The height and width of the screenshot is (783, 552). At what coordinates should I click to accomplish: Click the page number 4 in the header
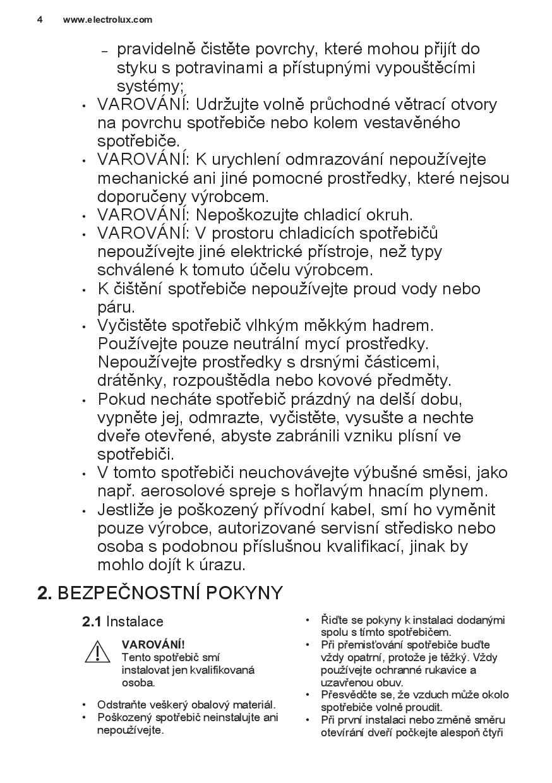[40, 20]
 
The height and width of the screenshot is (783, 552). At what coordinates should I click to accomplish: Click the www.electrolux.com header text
[107, 20]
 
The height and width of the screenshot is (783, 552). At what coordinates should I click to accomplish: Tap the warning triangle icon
[98, 652]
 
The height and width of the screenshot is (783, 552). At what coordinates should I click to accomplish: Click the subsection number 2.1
[92, 622]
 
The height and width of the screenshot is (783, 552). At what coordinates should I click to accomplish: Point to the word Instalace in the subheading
[135, 622]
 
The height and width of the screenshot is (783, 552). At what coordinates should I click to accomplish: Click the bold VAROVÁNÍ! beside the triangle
[153, 645]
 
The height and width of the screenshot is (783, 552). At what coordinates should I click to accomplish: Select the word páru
[116, 308]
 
